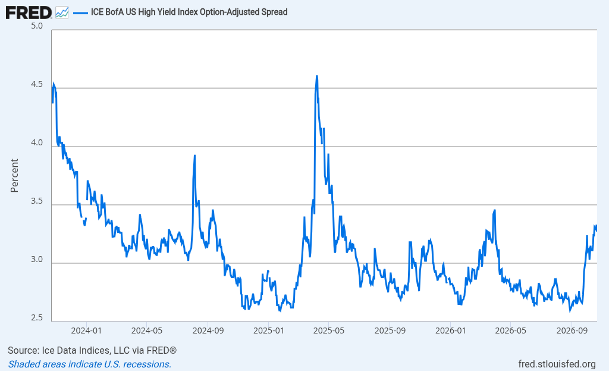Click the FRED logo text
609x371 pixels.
point(29,13)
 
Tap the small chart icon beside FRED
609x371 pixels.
point(62,13)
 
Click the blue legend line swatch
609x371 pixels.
point(80,13)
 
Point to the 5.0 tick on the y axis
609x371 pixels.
point(37,26)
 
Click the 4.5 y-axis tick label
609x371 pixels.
point(37,85)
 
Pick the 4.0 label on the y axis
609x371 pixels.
point(37,143)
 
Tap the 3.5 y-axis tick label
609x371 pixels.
point(37,201)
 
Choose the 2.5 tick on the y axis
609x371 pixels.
point(37,318)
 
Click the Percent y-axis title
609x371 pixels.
point(14,176)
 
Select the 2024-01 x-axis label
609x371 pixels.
point(86,331)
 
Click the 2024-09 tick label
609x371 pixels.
point(208,331)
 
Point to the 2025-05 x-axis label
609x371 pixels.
point(329,331)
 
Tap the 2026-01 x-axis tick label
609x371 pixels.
point(451,331)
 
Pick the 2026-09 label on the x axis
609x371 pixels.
point(572,331)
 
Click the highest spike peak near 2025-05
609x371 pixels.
point(317,76)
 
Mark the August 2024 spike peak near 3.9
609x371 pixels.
point(194,155)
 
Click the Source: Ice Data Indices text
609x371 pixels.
point(92,350)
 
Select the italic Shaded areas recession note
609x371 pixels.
point(90,364)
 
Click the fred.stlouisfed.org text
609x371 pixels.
point(557,364)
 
